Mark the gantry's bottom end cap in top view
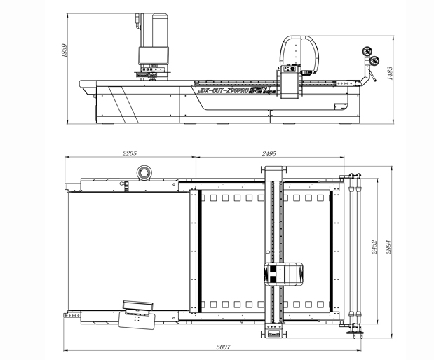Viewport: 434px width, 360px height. click(x=274, y=333)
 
